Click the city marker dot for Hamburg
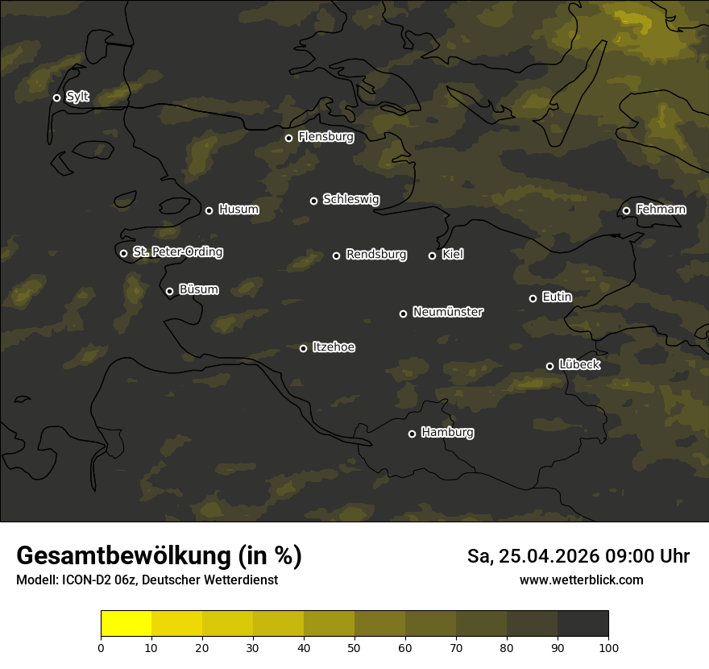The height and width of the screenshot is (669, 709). [x=412, y=434]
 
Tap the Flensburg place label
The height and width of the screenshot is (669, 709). [x=325, y=137]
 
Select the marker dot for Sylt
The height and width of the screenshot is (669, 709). [x=56, y=98]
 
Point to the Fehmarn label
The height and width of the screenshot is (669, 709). [x=661, y=210]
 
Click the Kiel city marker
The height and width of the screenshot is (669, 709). [x=432, y=256]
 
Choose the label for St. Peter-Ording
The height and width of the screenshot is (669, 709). [x=177, y=252]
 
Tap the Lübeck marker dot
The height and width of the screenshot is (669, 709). [x=549, y=366]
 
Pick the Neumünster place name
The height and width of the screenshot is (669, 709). [x=447, y=312]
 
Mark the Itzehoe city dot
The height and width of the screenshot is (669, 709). [x=303, y=348]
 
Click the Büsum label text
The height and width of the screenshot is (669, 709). [x=198, y=289]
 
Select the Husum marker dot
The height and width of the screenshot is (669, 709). [x=209, y=210]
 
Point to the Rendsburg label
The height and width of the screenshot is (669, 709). [x=375, y=255]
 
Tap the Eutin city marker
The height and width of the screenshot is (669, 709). [x=533, y=298]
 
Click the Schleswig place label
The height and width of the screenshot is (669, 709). [x=350, y=199]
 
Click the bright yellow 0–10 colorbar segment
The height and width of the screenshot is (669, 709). [x=126, y=624]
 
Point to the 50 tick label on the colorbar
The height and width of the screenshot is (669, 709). [x=354, y=647]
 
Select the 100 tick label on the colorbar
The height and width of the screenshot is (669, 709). [x=608, y=647]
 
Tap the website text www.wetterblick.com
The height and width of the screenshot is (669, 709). [x=581, y=580]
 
